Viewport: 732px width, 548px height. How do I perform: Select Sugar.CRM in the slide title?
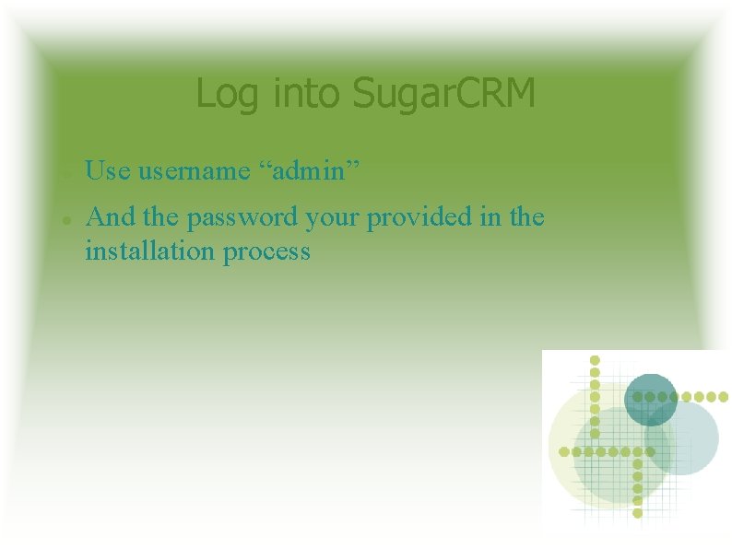pos(444,94)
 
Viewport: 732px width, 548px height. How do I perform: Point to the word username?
pos(194,170)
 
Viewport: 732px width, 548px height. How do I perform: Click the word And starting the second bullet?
pos(110,217)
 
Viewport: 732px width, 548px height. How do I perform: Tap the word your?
pos(333,219)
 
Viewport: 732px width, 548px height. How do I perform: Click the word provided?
pos(419,218)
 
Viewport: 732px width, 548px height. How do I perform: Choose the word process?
pos(266,251)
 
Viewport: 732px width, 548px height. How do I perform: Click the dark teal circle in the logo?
pos(651,400)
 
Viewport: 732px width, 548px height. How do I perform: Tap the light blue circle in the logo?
pos(681,438)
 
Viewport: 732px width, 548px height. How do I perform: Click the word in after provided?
pos(491,217)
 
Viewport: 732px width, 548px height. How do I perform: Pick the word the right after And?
pos(160,217)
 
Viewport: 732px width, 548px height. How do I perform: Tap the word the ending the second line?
pos(527,217)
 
